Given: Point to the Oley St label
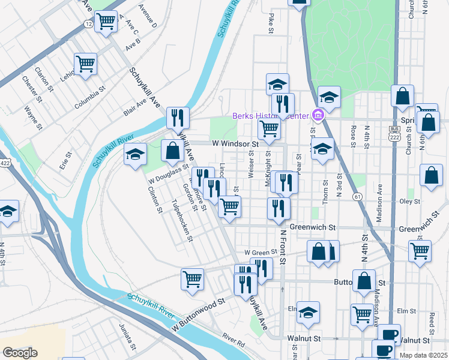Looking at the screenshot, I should pos(409,202).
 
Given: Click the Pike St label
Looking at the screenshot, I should pos(272,23).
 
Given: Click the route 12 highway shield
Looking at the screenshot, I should pos(88,24).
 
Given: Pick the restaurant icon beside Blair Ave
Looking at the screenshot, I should pos(178,117).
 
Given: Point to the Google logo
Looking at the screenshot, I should pos(20,353).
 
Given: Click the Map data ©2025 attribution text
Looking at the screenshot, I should pos(423,355).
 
